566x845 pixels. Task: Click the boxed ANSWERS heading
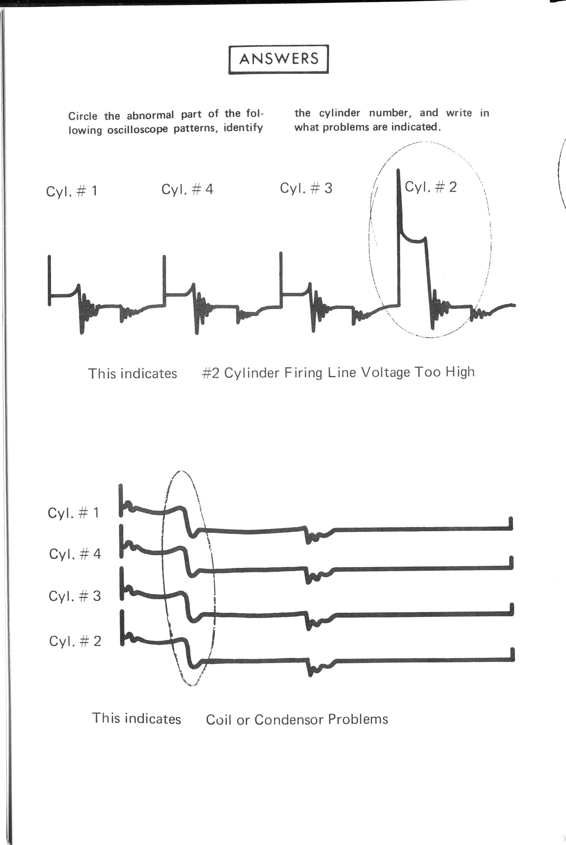tap(279, 59)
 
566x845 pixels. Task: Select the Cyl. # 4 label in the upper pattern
tap(187, 189)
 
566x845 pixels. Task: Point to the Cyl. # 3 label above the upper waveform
tap(306, 188)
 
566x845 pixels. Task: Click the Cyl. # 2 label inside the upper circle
tap(430, 187)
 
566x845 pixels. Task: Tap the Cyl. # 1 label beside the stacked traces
tap(73, 512)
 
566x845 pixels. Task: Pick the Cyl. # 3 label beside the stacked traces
tap(75, 596)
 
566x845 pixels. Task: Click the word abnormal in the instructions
tap(150, 115)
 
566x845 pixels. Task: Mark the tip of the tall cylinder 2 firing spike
tap(398, 170)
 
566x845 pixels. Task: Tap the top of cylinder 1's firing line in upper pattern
tap(49, 256)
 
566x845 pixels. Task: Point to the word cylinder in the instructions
tap(339, 113)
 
